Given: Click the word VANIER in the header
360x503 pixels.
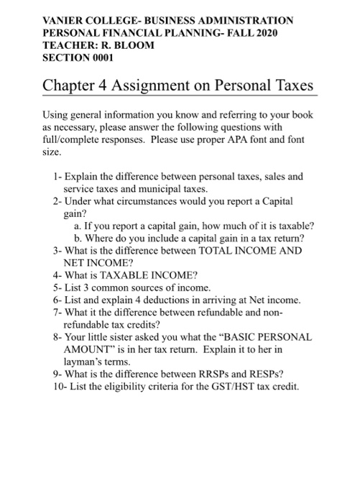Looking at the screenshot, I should (x=64, y=21).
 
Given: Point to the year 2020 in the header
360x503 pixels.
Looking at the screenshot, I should (x=260, y=33).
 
